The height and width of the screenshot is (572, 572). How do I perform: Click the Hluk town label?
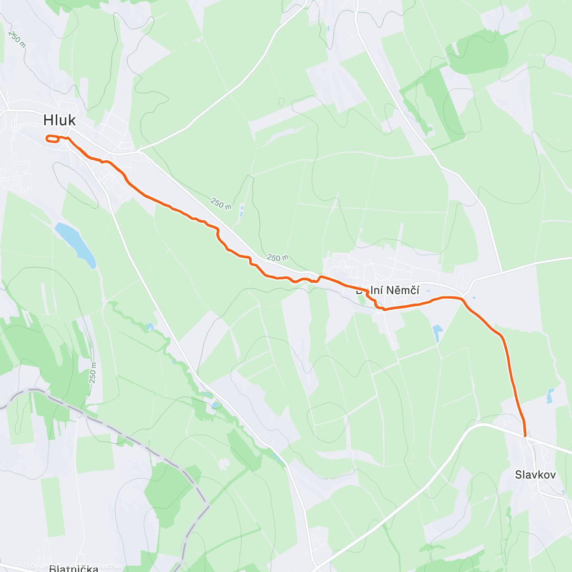[60, 120]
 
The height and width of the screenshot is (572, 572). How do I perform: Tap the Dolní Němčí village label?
[388, 290]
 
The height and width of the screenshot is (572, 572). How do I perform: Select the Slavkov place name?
[535, 475]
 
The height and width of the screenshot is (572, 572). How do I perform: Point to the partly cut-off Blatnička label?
[74, 568]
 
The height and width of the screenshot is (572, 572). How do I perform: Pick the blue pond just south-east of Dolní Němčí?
[437, 333]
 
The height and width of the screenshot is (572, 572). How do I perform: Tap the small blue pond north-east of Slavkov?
[551, 396]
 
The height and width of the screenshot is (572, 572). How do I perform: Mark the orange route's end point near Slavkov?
[525, 436]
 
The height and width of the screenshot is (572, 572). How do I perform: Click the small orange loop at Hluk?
[52, 139]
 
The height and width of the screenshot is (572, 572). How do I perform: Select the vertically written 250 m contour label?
[93, 372]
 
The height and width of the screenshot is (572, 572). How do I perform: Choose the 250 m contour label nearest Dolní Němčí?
[277, 258]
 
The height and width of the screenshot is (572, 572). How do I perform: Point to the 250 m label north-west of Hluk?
[17, 39]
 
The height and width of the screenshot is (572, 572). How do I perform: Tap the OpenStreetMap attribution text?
[71, 566]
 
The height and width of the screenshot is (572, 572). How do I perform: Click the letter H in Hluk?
[48, 120]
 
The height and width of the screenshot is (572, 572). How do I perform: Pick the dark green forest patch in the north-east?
[481, 52]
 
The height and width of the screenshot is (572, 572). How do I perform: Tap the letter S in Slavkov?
[519, 475]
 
